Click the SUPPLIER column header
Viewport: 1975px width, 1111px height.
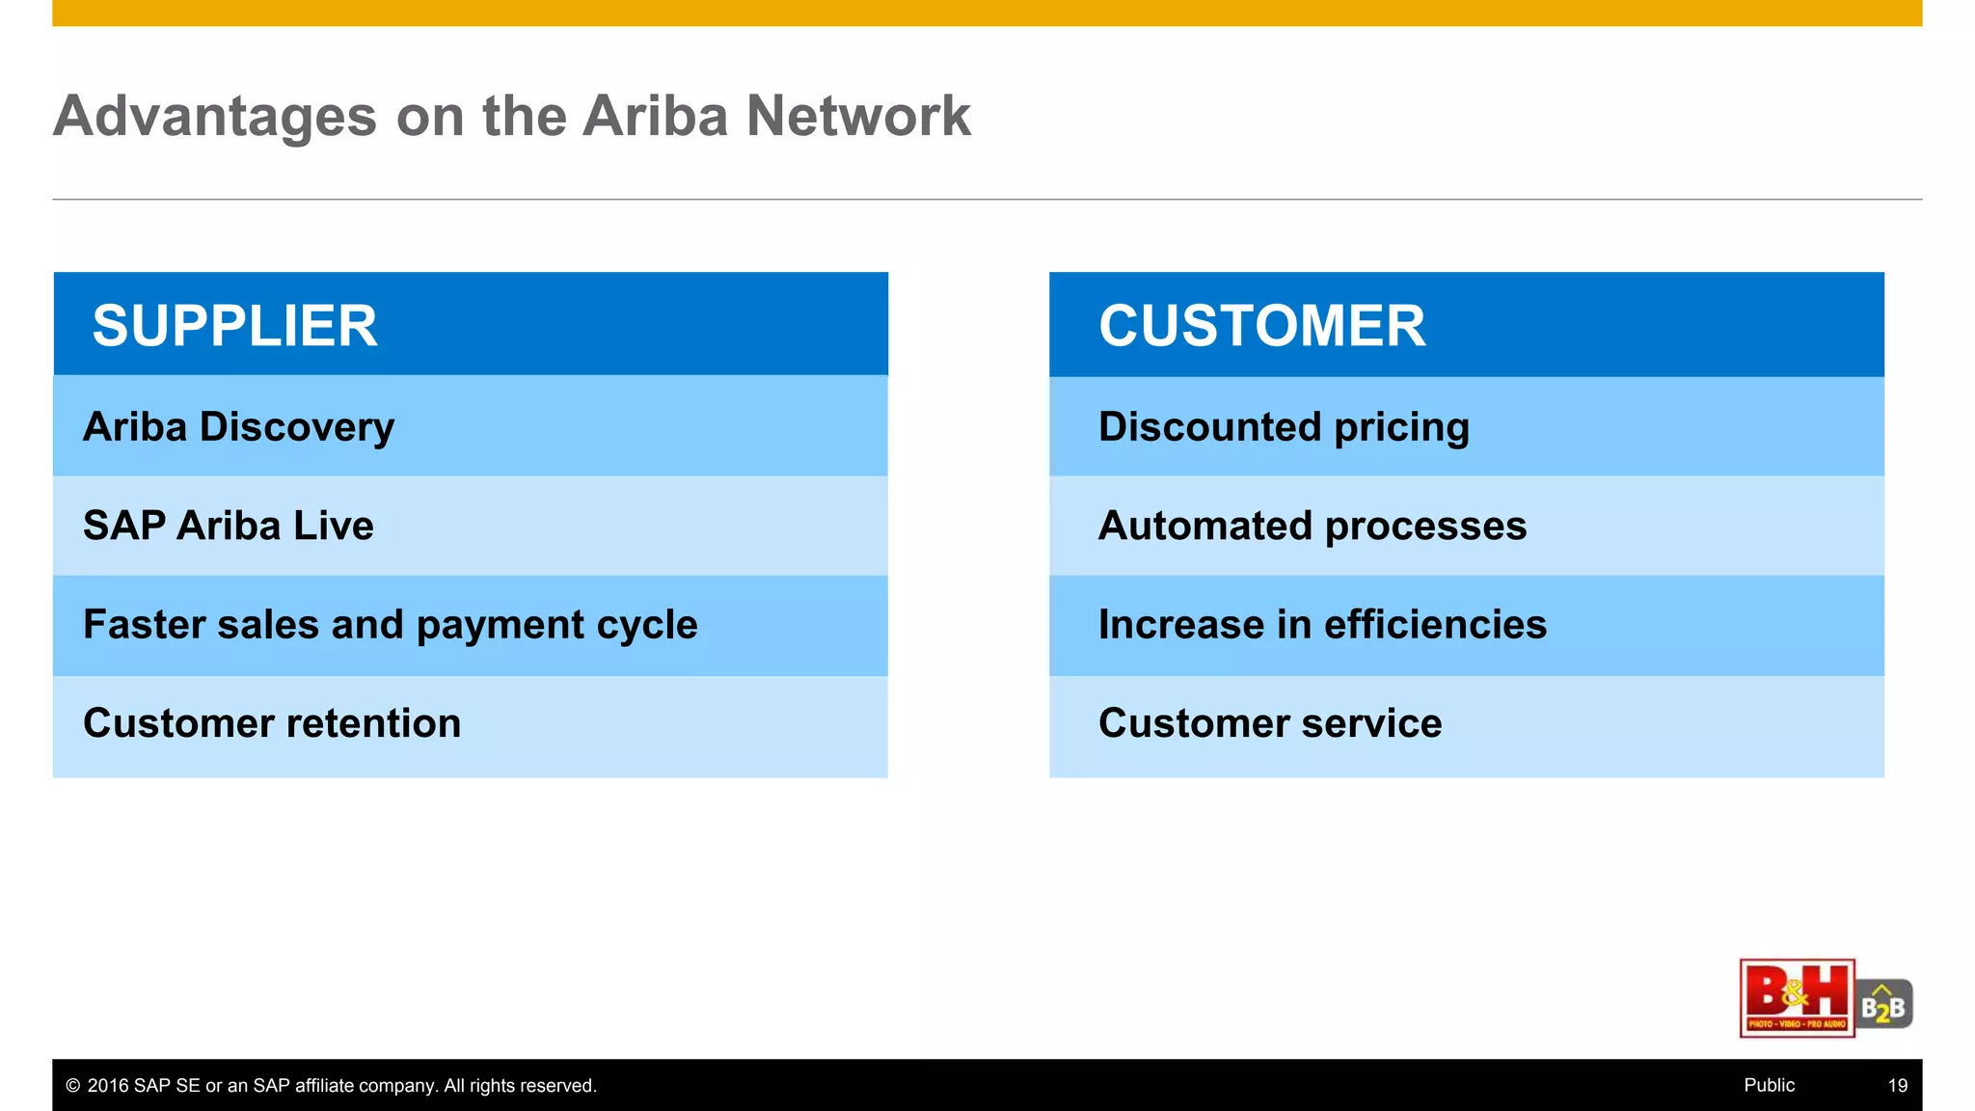point(235,325)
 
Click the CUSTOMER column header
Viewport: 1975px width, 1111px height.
point(1261,325)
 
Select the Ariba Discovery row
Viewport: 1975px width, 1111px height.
point(239,426)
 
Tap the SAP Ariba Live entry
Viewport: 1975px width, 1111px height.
point(229,526)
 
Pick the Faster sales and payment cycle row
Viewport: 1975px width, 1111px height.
point(390,625)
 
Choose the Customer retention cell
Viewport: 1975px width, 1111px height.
point(272,723)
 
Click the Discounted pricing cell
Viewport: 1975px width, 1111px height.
point(1284,426)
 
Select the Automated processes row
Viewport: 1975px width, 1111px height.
point(1312,526)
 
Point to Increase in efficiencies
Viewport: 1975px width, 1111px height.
point(1322,625)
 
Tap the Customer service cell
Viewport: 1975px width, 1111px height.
point(1270,723)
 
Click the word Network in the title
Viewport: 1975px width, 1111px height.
point(858,116)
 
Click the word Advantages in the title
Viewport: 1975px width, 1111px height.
point(215,116)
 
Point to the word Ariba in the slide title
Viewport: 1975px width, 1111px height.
point(655,116)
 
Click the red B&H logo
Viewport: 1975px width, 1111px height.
point(1797,998)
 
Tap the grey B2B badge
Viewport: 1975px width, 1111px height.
point(1883,1005)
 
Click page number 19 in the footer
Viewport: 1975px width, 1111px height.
point(1897,1085)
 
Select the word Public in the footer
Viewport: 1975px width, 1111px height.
point(1769,1085)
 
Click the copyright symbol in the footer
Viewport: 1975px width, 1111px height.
point(72,1086)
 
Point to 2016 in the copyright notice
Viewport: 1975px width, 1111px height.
point(108,1086)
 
